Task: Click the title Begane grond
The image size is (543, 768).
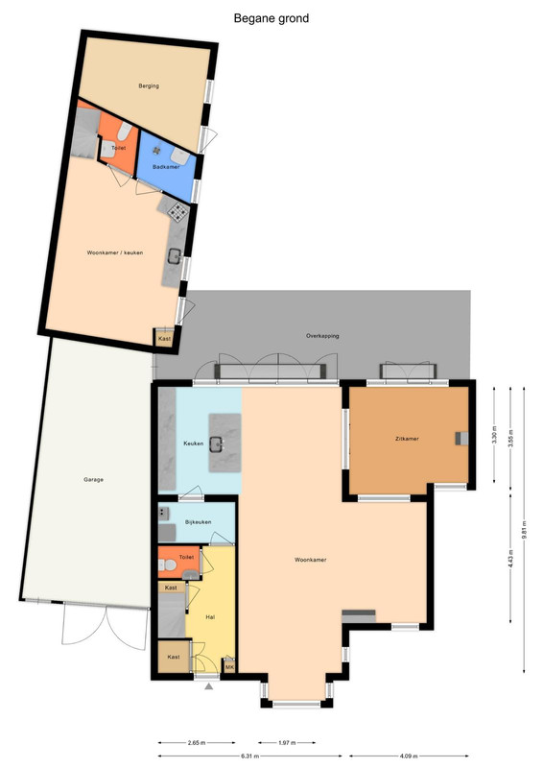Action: pyautogui.click(x=271, y=18)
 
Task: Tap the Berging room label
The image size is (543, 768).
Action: pyautogui.click(x=149, y=85)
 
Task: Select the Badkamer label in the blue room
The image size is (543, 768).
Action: pyautogui.click(x=166, y=166)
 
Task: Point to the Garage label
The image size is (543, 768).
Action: pyautogui.click(x=93, y=479)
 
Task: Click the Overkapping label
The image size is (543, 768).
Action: pyautogui.click(x=322, y=336)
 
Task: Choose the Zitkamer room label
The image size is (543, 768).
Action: pyautogui.click(x=407, y=439)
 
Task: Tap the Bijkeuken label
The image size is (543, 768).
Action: pyautogui.click(x=199, y=522)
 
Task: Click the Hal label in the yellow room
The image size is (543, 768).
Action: pyautogui.click(x=210, y=617)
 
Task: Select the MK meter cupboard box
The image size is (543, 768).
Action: pyautogui.click(x=229, y=666)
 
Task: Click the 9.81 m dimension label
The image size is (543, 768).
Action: pyautogui.click(x=524, y=530)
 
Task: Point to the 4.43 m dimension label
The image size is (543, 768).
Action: pyautogui.click(x=510, y=559)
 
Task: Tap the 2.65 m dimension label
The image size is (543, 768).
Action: pyautogui.click(x=197, y=743)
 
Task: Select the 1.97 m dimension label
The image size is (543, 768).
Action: pyautogui.click(x=287, y=743)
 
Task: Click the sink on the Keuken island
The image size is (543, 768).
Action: pyautogui.click(x=217, y=444)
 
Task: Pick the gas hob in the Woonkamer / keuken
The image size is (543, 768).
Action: pyautogui.click(x=177, y=211)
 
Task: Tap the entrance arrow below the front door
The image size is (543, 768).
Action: pyautogui.click(x=209, y=686)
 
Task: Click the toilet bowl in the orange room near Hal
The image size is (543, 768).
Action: pyautogui.click(x=168, y=565)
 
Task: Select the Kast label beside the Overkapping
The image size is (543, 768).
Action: pyautogui.click(x=165, y=339)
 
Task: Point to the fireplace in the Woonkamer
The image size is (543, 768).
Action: pyautogui.click(x=359, y=615)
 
